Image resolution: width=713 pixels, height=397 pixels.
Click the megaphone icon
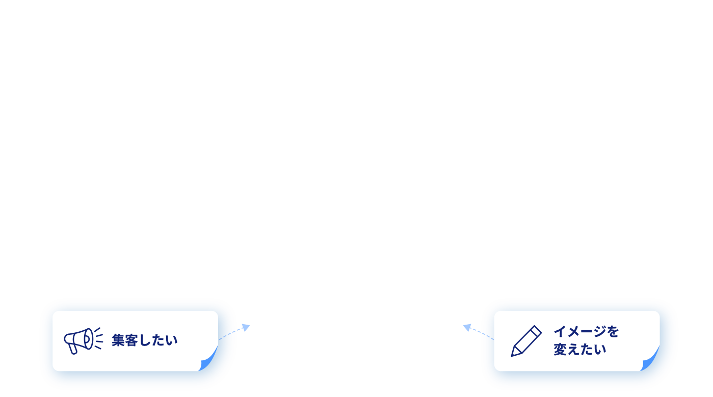click(84, 341)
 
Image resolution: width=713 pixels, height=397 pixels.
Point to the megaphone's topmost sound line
click(97, 330)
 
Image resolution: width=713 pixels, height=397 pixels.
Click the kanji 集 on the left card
click(118, 340)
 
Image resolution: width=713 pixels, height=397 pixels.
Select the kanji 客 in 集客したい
click(131, 340)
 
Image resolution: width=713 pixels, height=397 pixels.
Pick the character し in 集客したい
click(144, 340)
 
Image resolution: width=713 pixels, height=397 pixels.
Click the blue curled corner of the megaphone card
click(208, 360)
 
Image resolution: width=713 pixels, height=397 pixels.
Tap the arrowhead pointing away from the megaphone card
click(246, 327)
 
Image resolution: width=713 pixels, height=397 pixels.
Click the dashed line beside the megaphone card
click(231, 333)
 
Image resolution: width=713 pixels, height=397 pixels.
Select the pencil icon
click(526, 341)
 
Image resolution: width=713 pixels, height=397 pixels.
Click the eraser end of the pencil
click(536, 330)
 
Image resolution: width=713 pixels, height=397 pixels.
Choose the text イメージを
click(586, 332)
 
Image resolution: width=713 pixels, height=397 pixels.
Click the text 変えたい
click(579, 349)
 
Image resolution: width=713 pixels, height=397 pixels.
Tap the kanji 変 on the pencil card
click(560, 349)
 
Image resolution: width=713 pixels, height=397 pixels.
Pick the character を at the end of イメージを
click(613, 332)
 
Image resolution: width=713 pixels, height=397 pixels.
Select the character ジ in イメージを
click(600, 332)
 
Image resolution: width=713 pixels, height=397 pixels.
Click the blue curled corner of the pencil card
click(650, 360)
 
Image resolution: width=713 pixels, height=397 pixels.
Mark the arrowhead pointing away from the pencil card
click(467, 327)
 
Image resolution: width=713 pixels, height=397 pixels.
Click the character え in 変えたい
click(573, 349)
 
